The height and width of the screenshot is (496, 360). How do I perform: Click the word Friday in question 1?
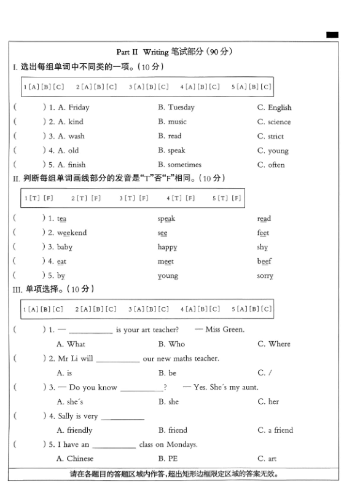79,108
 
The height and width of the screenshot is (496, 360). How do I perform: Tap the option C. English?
275,108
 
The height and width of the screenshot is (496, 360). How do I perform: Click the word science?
279,122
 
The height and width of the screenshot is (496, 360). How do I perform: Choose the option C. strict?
271,136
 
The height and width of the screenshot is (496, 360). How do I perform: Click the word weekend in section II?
72,233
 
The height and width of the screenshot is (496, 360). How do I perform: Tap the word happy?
167,247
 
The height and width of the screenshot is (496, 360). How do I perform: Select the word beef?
264,261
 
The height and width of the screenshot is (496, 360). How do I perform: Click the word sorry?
265,276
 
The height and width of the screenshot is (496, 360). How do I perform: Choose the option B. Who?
171,344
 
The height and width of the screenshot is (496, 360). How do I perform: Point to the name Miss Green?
224,329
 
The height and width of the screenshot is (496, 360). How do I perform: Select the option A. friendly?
74,430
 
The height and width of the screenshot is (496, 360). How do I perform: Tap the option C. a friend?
275,430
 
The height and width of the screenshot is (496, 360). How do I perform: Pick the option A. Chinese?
75,459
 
